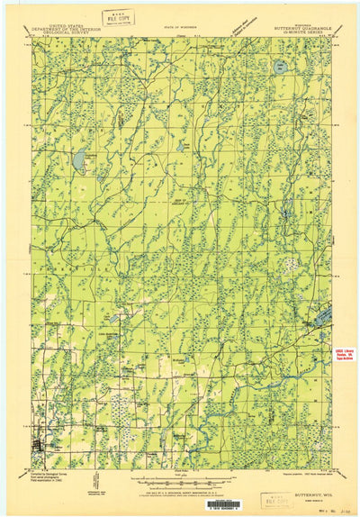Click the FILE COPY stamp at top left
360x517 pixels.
pos(118,16)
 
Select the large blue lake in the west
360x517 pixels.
pos(79,160)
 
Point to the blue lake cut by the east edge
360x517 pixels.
pos(323,316)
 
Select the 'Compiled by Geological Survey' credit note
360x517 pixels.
pos(53,477)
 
